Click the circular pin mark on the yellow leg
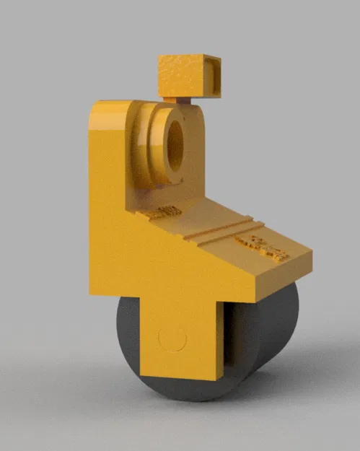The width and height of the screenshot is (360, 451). (x=172, y=339)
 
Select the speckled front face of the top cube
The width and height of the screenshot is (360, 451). (x=180, y=76)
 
